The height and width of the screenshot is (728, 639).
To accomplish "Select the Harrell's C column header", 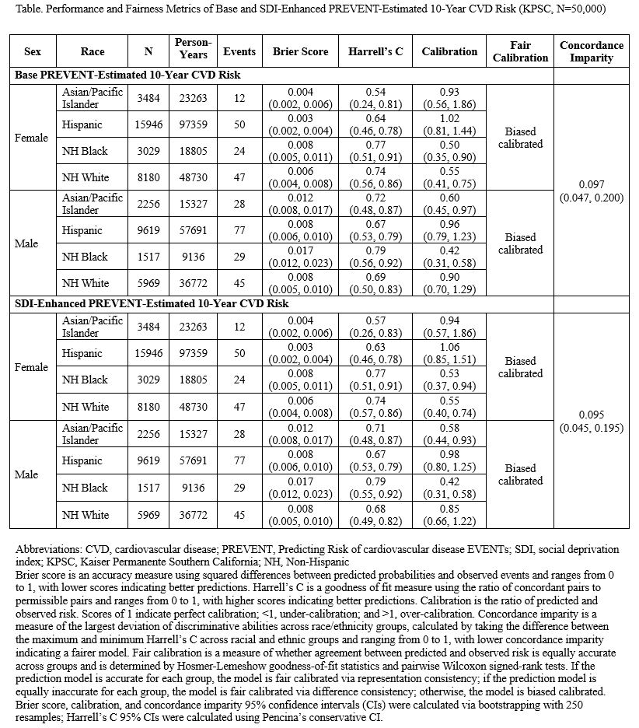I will pyautogui.click(x=376, y=52).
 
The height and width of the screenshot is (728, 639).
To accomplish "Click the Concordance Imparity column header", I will pyautogui.click(x=591, y=52).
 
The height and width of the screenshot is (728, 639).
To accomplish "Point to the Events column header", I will pyautogui.click(x=239, y=52).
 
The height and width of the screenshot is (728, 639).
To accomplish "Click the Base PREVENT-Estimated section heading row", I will pyautogui.click(x=129, y=75).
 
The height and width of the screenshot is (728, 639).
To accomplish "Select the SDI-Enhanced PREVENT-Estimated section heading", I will pyautogui.click(x=152, y=303).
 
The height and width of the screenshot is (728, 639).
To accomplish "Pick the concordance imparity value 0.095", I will pyautogui.click(x=591, y=415).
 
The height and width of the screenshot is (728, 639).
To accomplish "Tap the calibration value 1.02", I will pyautogui.click(x=449, y=119).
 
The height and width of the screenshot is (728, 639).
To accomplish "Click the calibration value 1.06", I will pyautogui.click(x=449, y=348).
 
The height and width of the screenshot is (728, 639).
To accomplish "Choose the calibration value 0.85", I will pyautogui.click(x=449, y=509).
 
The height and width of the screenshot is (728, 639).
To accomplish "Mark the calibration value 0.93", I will pyautogui.click(x=449, y=93).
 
